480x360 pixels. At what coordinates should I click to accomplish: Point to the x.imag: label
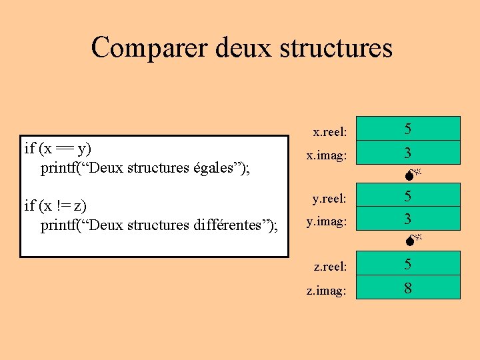coord(326,155)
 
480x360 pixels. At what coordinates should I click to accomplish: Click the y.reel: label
coord(330,198)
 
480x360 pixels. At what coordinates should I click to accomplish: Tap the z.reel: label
coord(330,266)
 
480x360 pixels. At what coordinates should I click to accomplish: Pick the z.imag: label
coord(326,290)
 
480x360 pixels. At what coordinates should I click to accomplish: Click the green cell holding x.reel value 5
coord(407,129)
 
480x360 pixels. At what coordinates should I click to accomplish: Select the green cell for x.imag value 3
coord(407,153)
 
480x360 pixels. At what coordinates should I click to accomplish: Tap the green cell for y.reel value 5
coord(407,195)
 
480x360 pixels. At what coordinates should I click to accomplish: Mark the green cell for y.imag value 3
coord(407,218)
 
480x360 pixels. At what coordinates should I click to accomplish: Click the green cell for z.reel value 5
coord(407,263)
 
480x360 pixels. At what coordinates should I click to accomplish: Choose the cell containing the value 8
coord(407,287)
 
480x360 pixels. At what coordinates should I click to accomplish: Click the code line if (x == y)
coord(58,148)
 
